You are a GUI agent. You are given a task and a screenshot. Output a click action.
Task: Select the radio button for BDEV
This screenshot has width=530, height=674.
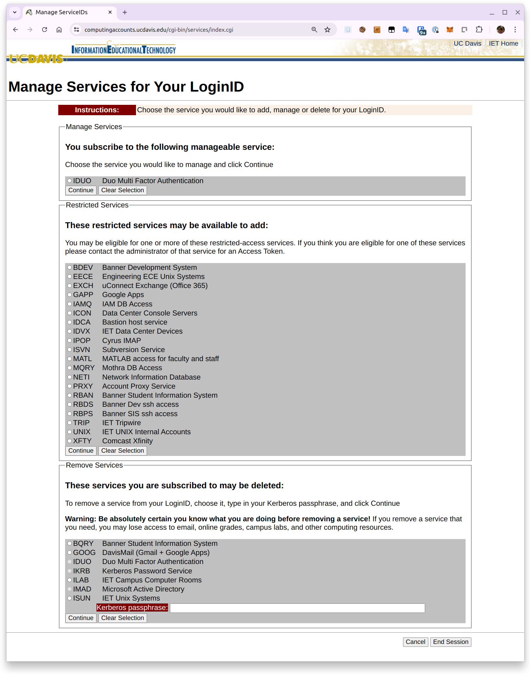pyautogui.click(x=69, y=268)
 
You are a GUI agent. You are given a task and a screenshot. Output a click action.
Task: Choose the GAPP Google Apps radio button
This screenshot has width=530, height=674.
pyautogui.click(x=69, y=295)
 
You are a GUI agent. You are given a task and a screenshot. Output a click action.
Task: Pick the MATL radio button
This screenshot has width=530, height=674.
pyautogui.click(x=69, y=359)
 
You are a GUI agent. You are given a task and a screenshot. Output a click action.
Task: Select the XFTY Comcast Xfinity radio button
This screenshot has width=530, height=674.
pyautogui.click(x=69, y=441)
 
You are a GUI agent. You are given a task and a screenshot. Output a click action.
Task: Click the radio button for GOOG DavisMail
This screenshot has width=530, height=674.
pyautogui.click(x=69, y=553)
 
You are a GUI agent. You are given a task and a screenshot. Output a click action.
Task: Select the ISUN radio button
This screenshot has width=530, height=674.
pyautogui.click(x=69, y=598)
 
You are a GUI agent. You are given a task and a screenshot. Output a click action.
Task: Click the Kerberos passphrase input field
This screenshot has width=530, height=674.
pyautogui.click(x=297, y=608)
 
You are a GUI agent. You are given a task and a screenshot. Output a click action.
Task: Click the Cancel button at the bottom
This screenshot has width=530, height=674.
pyautogui.click(x=415, y=642)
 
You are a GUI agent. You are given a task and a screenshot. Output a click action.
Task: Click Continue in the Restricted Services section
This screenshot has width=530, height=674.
pyautogui.click(x=81, y=451)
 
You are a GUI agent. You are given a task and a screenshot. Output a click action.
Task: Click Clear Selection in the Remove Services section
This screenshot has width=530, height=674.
pyautogui.click(x=122, y=618)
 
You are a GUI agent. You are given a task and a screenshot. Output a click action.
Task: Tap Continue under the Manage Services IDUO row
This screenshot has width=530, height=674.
pyautogui.click(x=81, y=190)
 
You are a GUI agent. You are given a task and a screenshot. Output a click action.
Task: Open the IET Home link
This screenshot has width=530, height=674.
pyautogui.click(x=503, y=44)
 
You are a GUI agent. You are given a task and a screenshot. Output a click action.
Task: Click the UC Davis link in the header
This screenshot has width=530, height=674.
pyautogui.click(x=467, y=44)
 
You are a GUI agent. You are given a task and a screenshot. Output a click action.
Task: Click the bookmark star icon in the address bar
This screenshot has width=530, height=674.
pyautogui.click(x=327, y=30)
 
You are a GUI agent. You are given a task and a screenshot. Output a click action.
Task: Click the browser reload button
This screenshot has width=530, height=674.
pyautogui.click(x=45, y=30)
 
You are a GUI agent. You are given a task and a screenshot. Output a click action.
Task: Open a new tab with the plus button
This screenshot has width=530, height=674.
pyautogui.click(x=125, y=12)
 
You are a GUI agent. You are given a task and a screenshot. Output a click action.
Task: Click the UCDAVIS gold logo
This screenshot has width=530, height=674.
pyautogui.click(x=36, y=59)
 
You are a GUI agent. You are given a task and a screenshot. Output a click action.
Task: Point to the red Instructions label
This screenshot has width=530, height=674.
pyautogui.click(x=97, y=110)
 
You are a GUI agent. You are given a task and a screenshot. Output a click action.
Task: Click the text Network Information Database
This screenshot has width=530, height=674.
pyautogui.click(x=151, y=377)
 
